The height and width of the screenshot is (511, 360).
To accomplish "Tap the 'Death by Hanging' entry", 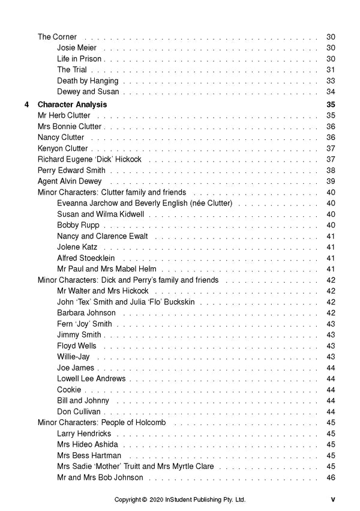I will (x=88, y=81).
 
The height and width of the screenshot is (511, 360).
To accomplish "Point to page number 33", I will (x=331, y=81).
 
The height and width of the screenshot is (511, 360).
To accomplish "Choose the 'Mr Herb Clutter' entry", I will (x=64, y=115).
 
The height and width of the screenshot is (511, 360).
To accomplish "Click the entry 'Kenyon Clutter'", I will (x=62, y=148).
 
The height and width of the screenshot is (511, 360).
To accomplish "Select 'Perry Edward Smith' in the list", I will (x=71, y=171).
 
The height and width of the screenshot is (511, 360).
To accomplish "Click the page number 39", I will (x=331, y=181).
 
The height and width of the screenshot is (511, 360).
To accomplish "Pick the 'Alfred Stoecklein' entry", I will (x=86, y=258).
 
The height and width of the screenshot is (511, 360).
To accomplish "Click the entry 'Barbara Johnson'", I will (x=86, y=313).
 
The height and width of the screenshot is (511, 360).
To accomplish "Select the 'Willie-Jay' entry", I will (x=73, y=357).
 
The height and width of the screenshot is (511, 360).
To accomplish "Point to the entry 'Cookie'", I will (x=70, y=390).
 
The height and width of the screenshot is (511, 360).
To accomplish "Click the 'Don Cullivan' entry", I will (x=79, y=412).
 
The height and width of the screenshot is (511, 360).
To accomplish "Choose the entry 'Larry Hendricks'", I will (x=83, y=434).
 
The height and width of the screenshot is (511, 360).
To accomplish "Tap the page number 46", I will (x=331, y=477).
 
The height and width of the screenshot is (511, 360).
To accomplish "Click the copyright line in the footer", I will (x=180, y=500).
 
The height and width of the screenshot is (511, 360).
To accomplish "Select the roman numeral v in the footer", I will (x=332, y=499).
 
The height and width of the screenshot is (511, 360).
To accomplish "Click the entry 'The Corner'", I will (x=57, y=37).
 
